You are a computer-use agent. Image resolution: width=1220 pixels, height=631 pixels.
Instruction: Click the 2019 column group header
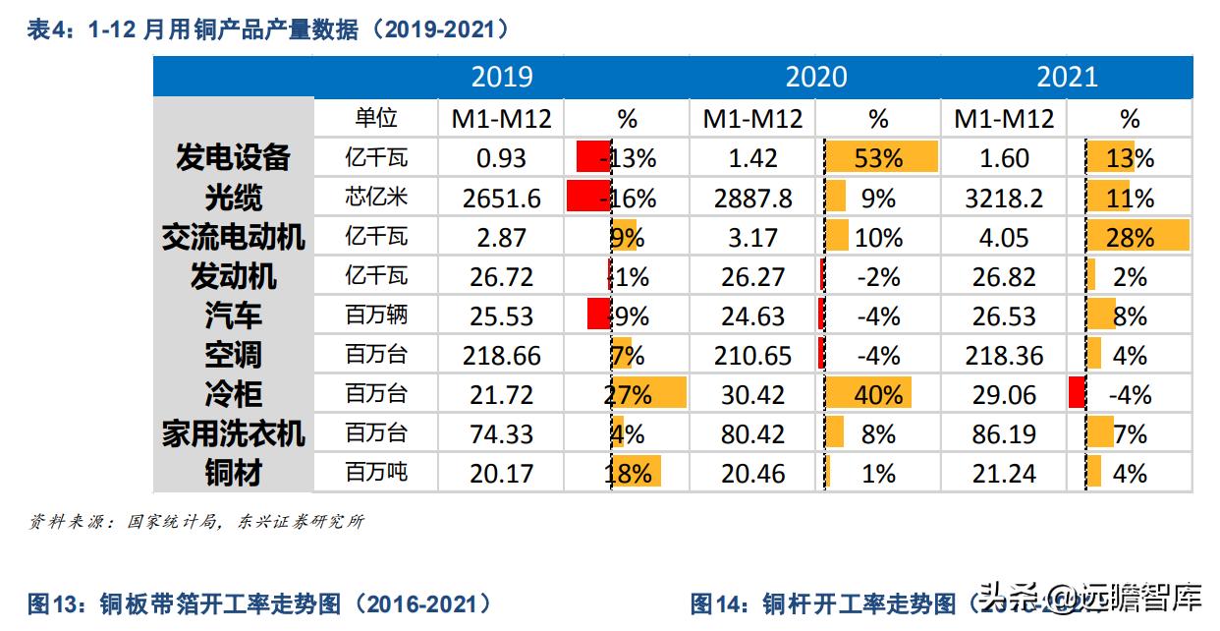tap(502, 77)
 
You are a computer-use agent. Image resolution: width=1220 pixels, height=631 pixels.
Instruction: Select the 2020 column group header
tap(815, 77)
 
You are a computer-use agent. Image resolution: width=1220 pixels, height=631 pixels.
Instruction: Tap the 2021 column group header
tap(1067, 77)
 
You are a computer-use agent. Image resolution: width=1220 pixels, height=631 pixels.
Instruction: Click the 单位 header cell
tap(376, 118)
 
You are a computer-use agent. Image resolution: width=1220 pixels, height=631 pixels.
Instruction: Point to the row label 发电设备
tap(234, 157)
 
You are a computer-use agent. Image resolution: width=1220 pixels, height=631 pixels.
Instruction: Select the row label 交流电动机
tap(234, 237)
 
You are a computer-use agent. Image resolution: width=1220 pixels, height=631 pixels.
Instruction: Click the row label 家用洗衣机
tap(234, 433)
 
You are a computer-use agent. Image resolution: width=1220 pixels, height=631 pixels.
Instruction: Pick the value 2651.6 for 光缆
tap(502, 198)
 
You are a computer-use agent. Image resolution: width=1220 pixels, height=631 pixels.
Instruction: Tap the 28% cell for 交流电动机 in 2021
tap(1130, 237)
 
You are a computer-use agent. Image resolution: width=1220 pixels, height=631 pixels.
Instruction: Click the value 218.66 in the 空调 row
tap(502, 355)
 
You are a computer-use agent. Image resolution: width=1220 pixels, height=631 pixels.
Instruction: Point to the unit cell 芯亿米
tap(376, 198)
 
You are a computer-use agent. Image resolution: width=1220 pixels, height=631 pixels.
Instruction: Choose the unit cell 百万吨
tap(376, 473)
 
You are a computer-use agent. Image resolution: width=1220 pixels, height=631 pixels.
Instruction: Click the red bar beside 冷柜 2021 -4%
tap(1077, 393)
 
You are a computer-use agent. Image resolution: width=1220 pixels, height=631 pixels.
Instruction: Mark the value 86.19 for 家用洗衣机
tap(1004, 433)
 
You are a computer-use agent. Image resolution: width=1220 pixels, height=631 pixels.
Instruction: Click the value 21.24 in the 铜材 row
tap(1004, 473)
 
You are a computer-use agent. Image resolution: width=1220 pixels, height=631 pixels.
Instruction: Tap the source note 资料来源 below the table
tap(196, 522)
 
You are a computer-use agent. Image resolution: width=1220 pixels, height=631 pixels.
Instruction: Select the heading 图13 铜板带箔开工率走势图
tap(260, 602)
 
